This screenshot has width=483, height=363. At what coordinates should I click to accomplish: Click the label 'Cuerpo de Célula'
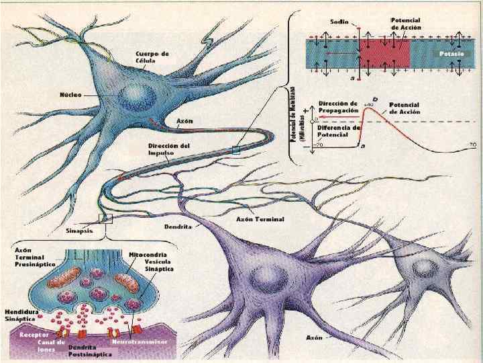point(152,56)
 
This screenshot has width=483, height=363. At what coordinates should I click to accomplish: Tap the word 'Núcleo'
point(70,95)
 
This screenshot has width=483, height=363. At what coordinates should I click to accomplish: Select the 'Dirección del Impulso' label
point(169,149)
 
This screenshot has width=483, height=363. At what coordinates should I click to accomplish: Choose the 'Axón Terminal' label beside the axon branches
point(260,219)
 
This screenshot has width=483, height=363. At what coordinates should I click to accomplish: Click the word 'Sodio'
point(339,22)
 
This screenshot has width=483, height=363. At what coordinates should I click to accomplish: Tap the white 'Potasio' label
point(451,52)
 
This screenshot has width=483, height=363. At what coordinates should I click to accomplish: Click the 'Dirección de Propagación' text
point(337,106)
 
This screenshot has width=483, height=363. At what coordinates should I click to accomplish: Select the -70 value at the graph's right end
point(472,145)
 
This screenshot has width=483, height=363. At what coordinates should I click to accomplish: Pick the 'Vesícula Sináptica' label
point(159,266)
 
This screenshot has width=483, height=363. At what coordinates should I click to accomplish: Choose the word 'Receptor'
point(34,333)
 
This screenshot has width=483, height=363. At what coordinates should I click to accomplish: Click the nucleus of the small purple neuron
point(424,268)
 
